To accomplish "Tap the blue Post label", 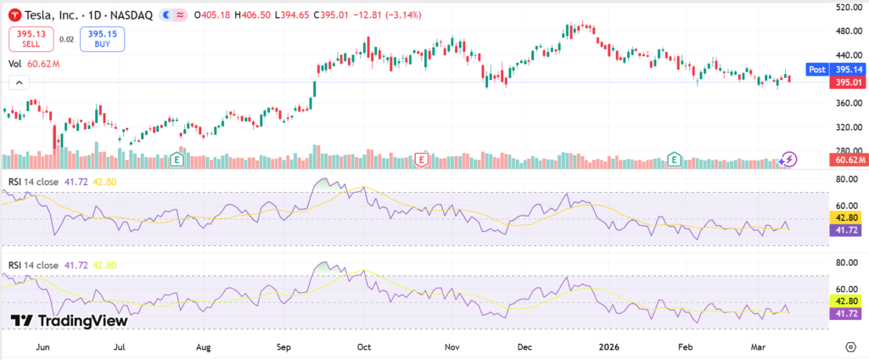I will [x=816, y=69].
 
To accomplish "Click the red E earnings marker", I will [x=420, y=159].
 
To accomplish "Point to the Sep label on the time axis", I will [x=284, y=346].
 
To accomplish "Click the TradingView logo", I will [x=70, y=321].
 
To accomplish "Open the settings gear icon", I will [x=849, y=346].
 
